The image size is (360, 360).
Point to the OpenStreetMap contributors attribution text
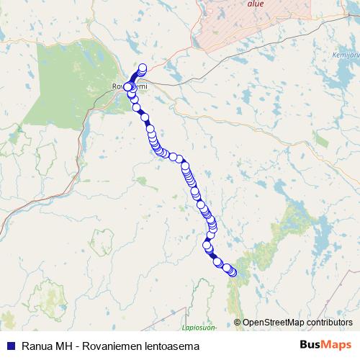(x=297, y=323)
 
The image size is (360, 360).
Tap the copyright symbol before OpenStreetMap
(x=238, y=323)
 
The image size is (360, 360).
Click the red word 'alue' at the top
(x=255, y=4)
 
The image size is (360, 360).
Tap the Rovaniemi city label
(x=129, y=86)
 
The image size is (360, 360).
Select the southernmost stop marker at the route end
(x=233, y=272)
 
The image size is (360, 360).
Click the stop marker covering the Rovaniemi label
(x=128, y=87)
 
